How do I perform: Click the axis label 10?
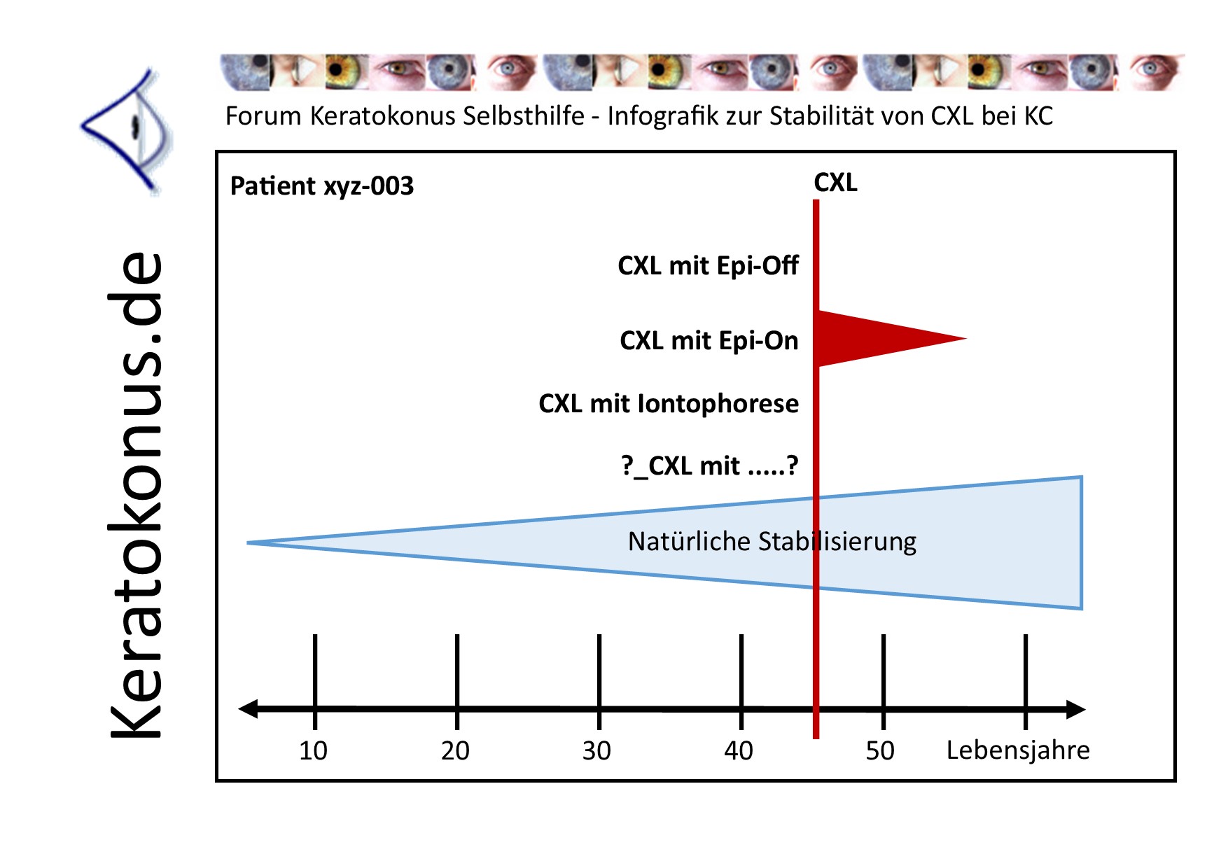313,750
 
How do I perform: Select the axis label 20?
455,750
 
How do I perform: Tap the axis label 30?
596,750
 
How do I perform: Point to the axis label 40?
739,750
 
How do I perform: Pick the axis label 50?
880,750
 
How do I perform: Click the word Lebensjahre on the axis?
1018,750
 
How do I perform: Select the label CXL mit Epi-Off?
708,266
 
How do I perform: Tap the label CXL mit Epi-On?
709,341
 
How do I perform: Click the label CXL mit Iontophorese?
669,404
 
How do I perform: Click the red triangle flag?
875,339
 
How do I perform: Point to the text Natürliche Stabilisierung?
772,542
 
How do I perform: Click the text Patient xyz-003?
322,186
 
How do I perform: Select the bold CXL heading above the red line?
835,183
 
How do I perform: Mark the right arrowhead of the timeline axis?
1077,709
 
